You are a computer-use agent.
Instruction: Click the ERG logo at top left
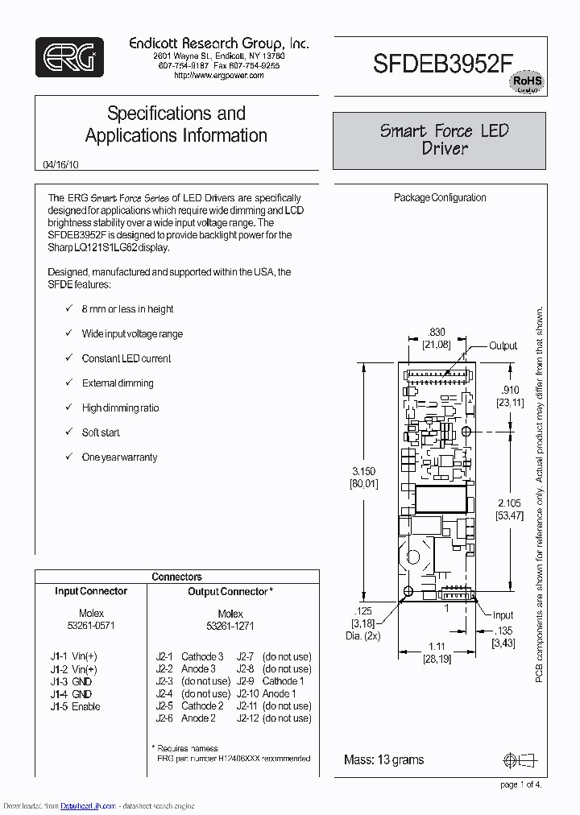point(69,57)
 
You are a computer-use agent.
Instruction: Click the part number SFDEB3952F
point(443,64)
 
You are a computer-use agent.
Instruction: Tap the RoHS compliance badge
point(527,82)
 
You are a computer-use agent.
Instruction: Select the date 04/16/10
point(61,164)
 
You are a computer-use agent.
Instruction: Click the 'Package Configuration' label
point(440,197)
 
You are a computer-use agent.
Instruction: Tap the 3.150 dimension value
point(363,471)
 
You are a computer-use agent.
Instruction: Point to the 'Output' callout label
point(503,345)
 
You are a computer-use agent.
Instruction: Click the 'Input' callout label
point(503,615)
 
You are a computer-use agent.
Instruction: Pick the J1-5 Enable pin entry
point(75,706)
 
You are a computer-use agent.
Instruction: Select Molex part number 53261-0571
point(91,626)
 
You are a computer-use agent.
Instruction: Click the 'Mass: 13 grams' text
point(383,759)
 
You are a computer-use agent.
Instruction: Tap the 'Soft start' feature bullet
point(101,432)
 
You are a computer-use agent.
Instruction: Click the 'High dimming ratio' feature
point(120,408)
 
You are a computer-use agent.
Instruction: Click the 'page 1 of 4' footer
point(520,784)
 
